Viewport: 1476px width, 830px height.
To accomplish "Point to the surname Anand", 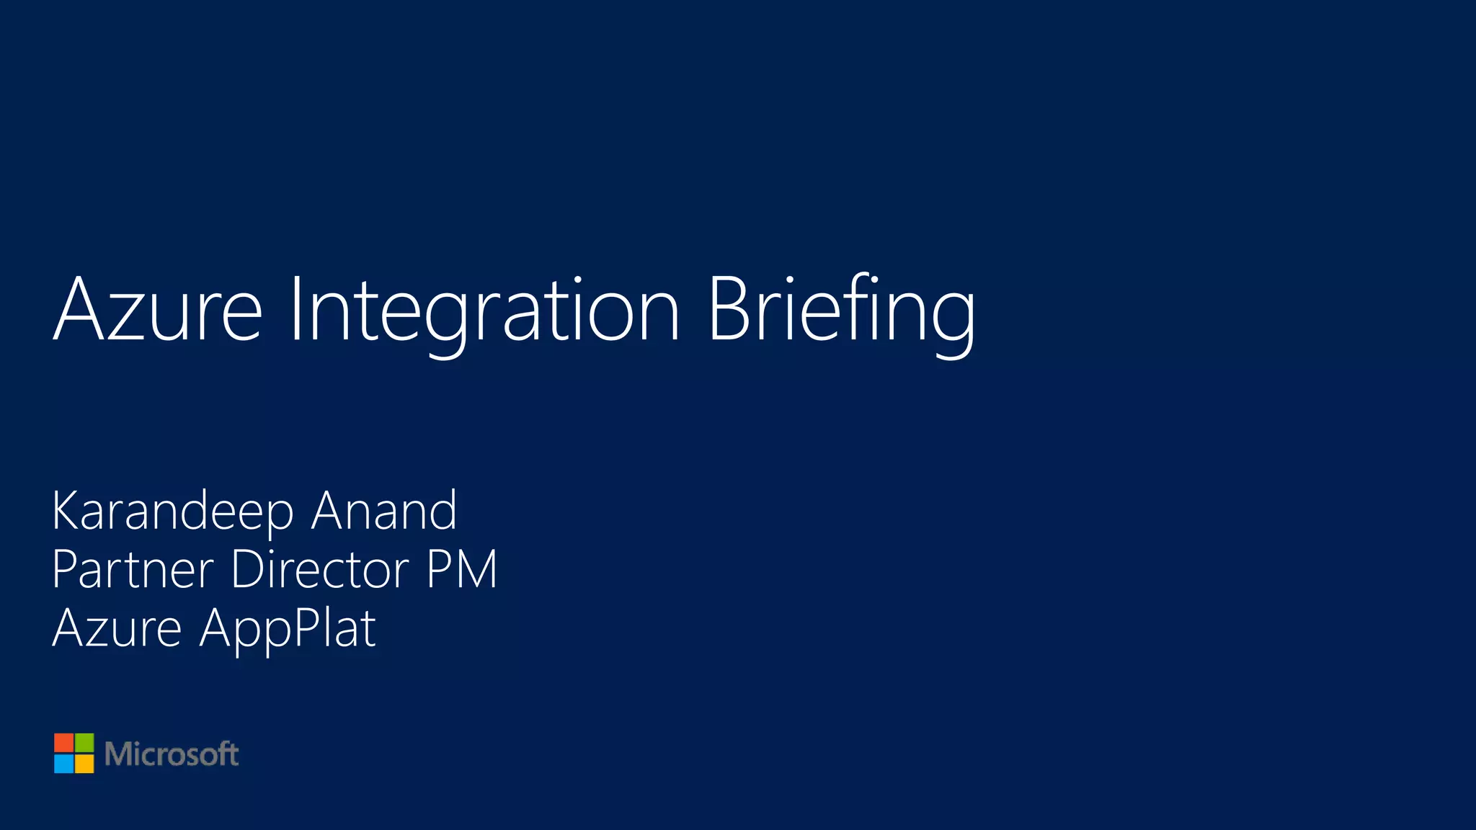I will [384, 510].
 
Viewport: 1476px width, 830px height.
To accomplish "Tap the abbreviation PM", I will [461, 569].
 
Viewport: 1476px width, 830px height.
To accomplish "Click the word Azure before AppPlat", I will [117, 628].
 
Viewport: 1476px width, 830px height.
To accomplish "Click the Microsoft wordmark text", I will [172, 754].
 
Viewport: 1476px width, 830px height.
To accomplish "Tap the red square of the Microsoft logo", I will [64, 743].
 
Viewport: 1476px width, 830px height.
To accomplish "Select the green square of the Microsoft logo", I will [84, 743].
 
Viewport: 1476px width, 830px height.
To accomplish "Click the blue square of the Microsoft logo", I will [64, 764].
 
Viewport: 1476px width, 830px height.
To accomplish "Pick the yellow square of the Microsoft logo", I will [84, 764].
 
